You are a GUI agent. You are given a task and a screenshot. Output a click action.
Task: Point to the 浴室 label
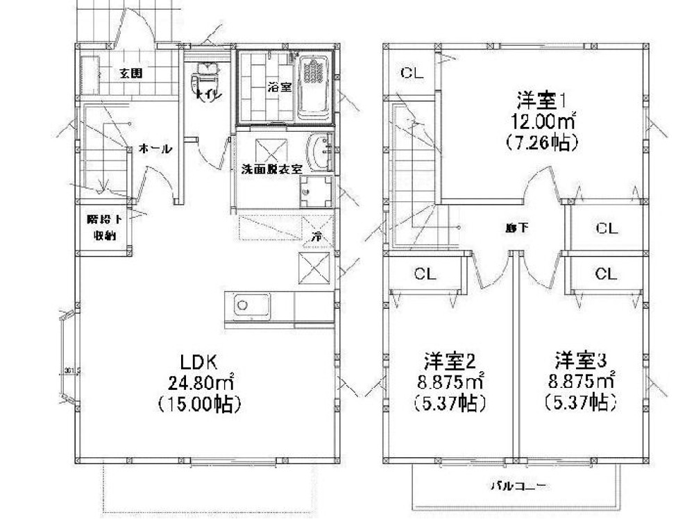pyautogui.click(x=280, y=87)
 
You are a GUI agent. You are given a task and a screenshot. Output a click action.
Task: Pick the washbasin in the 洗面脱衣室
pyautogui.click(x=319, y=151)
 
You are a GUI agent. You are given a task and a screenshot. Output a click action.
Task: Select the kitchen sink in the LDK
pyautogui.click(x=243, y=305)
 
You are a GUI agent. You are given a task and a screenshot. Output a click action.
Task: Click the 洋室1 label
pyautogui.click(x=542, y=100)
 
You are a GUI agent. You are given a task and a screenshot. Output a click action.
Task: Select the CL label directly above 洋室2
pyautogui.click(x=425, y=274)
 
